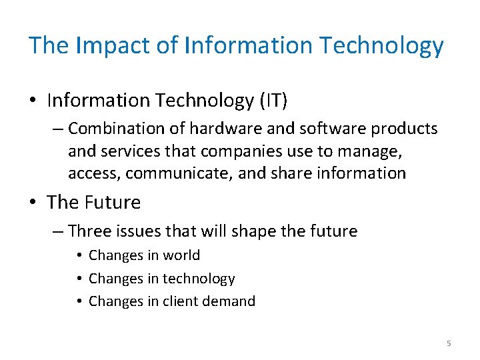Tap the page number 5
[x=449, y=343]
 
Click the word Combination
[x=113, y=128]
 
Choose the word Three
[x=89, y=231]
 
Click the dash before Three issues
[x=57, y=231]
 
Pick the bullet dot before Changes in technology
[x=79, y=279]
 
